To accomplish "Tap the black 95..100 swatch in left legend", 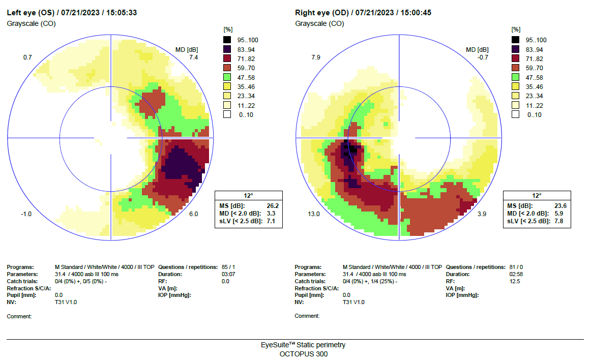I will pos(228,40).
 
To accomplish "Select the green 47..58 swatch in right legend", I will pos(516,77).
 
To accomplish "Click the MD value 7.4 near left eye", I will pos(193,57).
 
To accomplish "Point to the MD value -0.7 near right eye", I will pos(482,57).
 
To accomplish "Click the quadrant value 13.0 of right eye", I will pos(314,214).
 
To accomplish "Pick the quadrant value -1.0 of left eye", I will pos(26,214).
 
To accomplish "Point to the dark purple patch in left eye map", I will pos(178,163).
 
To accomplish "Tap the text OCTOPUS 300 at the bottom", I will pos(304,354).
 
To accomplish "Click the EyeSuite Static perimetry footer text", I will pos(303,345).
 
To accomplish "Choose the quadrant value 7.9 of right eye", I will pos(315,57).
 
